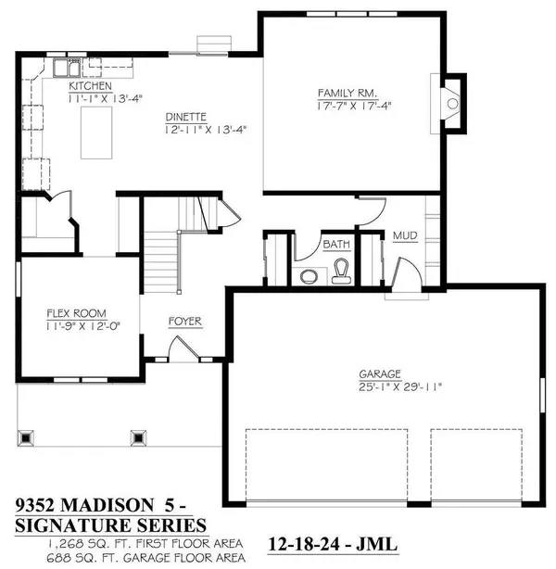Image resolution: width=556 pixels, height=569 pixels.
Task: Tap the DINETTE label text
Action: click(x=186, y=119)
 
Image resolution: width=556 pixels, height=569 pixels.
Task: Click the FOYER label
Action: click(x=184, y=322)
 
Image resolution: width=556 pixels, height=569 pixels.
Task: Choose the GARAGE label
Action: click(x=379, y=374)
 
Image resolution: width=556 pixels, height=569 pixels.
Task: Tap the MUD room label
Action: click(x=404, y=236)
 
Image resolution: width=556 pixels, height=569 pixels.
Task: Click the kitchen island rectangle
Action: click(x=96, y=133)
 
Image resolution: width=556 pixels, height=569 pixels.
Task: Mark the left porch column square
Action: click(x=26, y=436)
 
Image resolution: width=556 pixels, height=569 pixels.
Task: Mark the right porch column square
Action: click(x=139, y=436)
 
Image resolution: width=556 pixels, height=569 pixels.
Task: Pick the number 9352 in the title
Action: click(x=41, y=506)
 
